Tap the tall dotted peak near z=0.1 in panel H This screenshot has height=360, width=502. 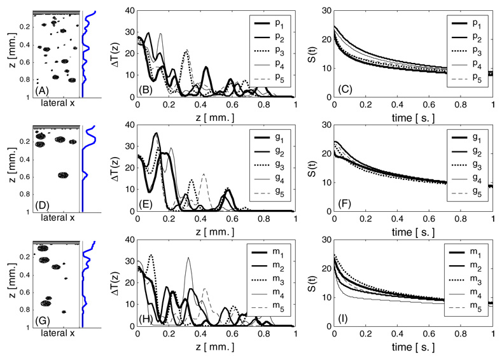pos(151,256)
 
